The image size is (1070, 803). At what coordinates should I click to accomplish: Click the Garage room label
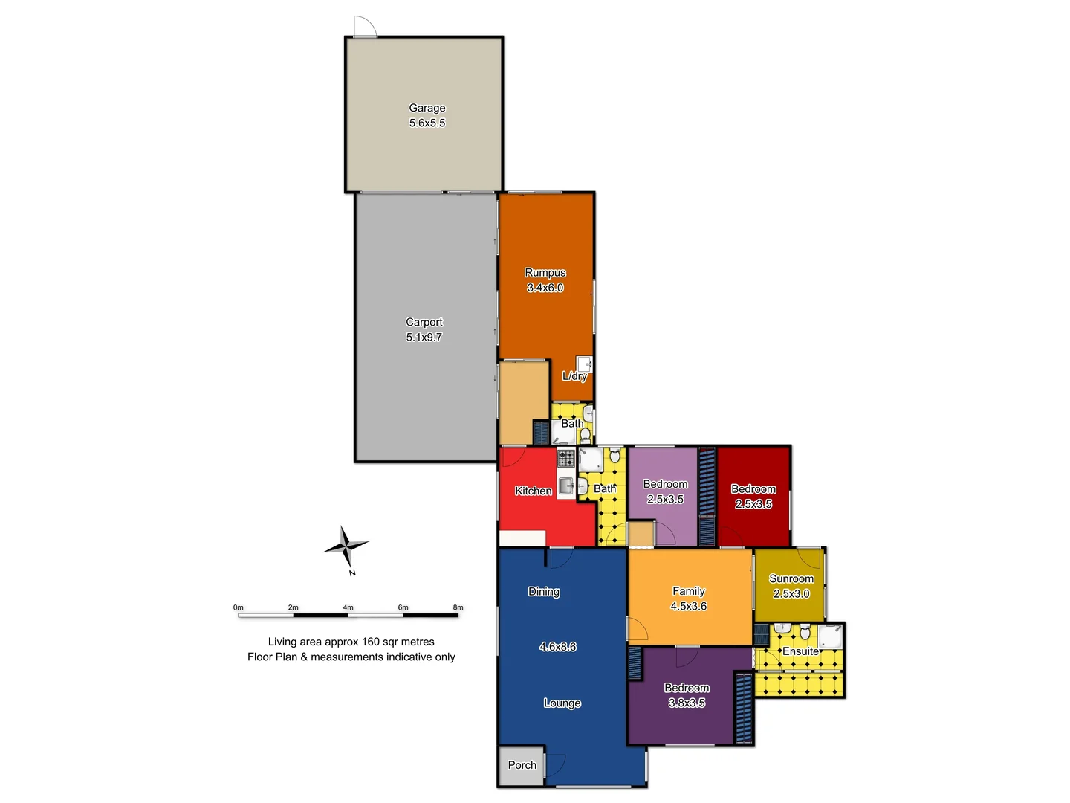[427, 108]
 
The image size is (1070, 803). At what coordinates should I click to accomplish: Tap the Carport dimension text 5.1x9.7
[424, 338]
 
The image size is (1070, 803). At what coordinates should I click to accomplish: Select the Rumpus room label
[545, 273]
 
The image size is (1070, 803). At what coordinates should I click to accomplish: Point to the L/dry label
[574, 376]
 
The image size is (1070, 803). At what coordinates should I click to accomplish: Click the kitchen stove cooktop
[566, 457]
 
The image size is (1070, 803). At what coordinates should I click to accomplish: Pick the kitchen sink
[566, 486]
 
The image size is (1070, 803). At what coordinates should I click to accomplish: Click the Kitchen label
[534, 491]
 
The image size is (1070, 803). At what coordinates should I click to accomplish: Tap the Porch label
[522, 765]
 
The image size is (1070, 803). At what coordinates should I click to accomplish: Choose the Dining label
[544, 592]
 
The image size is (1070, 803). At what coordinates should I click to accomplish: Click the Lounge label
[562, 703]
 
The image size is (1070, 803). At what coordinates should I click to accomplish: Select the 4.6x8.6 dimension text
[558, 647]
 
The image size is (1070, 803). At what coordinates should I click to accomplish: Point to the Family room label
[689, 591]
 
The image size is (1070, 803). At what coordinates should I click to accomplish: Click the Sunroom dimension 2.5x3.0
[791, 594]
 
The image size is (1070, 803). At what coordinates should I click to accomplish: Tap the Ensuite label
[800, 651]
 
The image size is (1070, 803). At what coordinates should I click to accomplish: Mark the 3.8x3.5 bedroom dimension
[687, 703]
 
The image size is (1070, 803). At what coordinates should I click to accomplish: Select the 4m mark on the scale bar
[348, 607]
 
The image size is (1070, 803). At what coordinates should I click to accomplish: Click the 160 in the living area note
[372, 642]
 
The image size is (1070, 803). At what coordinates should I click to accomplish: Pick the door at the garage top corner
[364, 27]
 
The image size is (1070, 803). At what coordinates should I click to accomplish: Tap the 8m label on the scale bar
[458, 607]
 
